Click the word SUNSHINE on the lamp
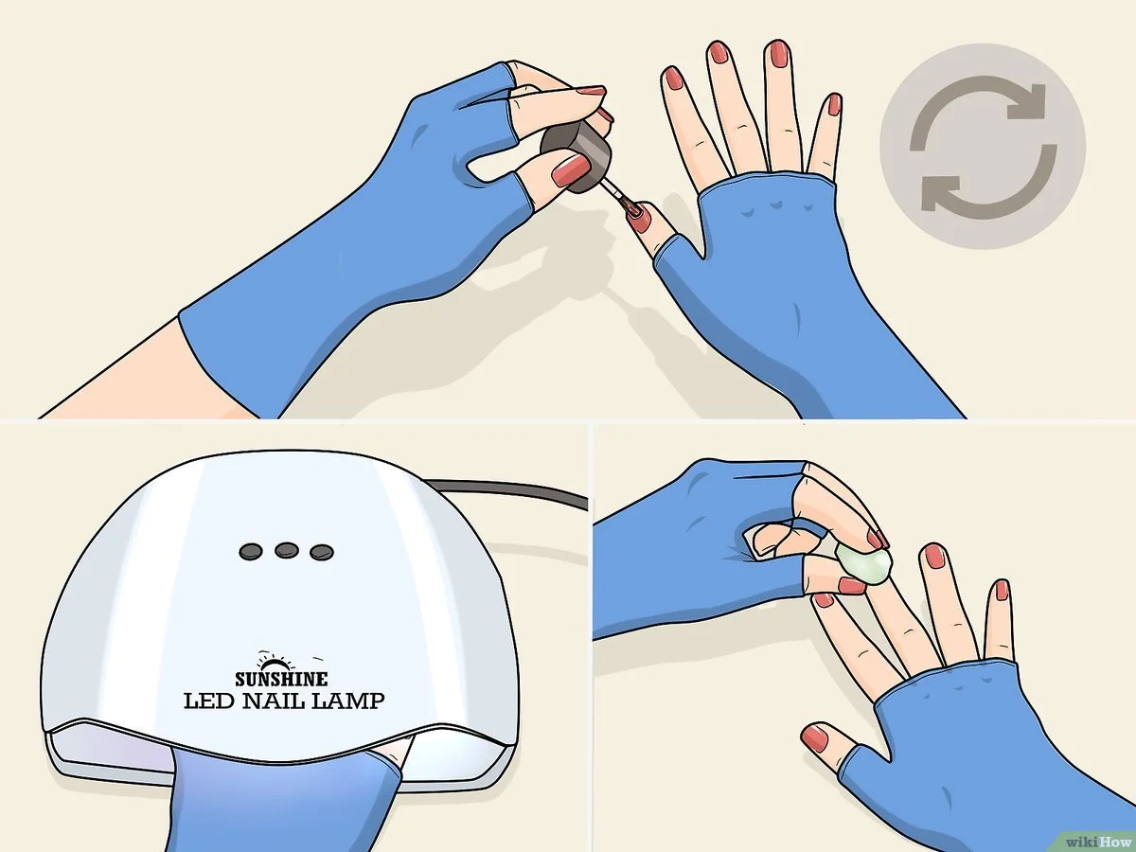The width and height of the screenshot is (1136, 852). [x=281, y=679]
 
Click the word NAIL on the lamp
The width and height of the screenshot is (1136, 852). [x=278, y=701]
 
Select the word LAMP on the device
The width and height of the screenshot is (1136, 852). [x=349, y=701]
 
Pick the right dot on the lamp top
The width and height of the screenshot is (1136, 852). [x=320, y=550]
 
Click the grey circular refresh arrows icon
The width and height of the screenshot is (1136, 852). [x=983, y=146]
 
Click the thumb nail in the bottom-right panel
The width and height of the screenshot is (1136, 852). [x=814, y=736]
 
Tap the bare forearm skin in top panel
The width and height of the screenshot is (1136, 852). [x=114, y=379]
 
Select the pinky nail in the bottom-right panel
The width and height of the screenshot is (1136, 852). [x=1001, y=592]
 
